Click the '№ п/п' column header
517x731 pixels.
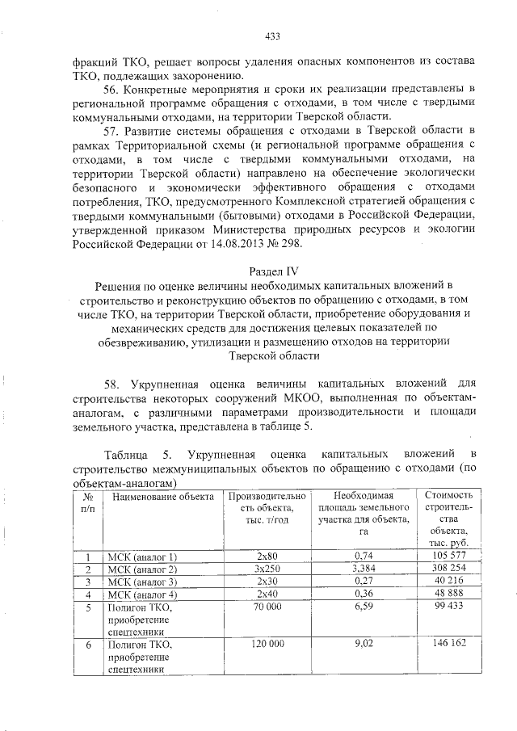[90, 501]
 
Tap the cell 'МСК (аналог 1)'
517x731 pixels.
[142, 557]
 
